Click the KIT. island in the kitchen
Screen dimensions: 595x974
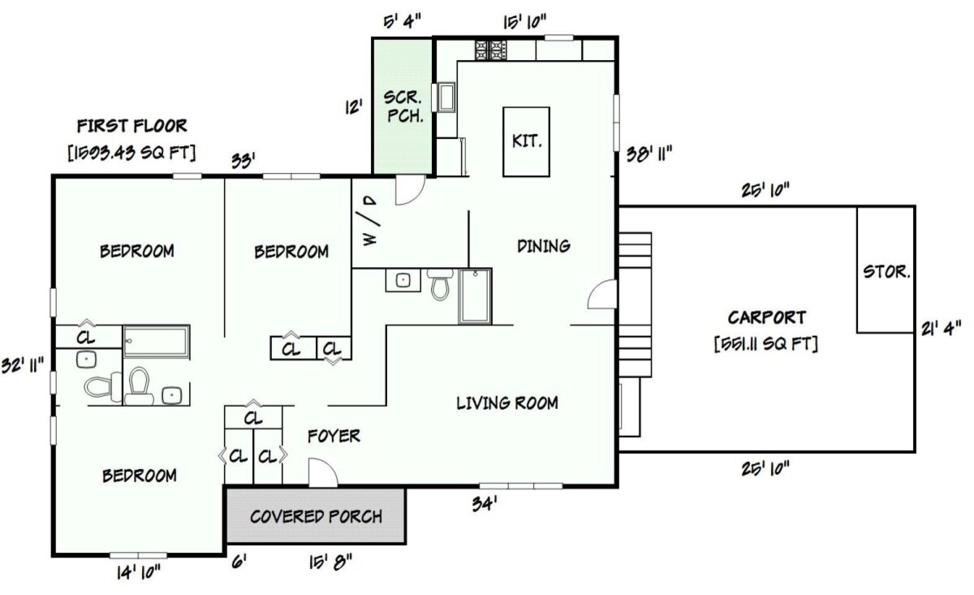(527, 141)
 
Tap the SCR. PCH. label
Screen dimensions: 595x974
(403, 105)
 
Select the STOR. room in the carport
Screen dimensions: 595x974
(886, 270)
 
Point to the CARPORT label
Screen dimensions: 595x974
(766, 317)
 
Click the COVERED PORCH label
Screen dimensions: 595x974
(316, 516)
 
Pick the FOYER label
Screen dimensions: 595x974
(334, 436)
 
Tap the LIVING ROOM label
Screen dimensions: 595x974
(506, 403)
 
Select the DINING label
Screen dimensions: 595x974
(543, 245)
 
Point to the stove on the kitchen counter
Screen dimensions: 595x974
(491, 51)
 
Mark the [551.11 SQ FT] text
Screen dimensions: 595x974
(765, 344)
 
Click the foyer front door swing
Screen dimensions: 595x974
(321, 473)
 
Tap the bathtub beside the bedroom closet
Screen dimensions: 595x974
(157, 342)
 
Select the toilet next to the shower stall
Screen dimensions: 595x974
(441, 285)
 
